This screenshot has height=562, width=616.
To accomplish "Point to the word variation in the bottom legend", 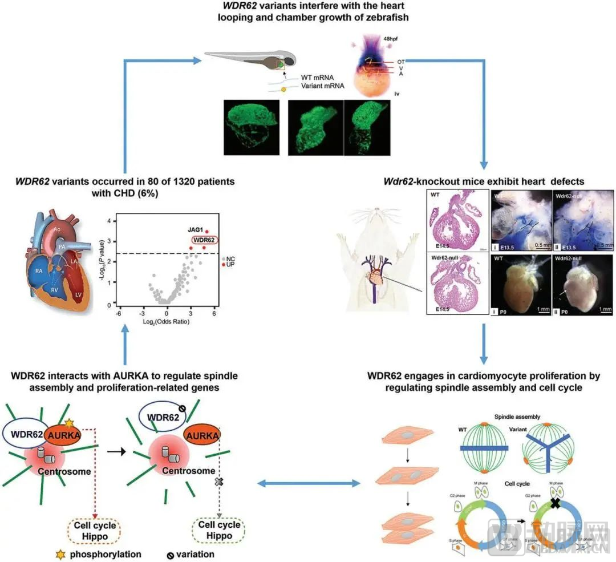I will (x=194, y=553).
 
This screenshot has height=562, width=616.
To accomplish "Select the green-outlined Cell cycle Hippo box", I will (x=219, y=530).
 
